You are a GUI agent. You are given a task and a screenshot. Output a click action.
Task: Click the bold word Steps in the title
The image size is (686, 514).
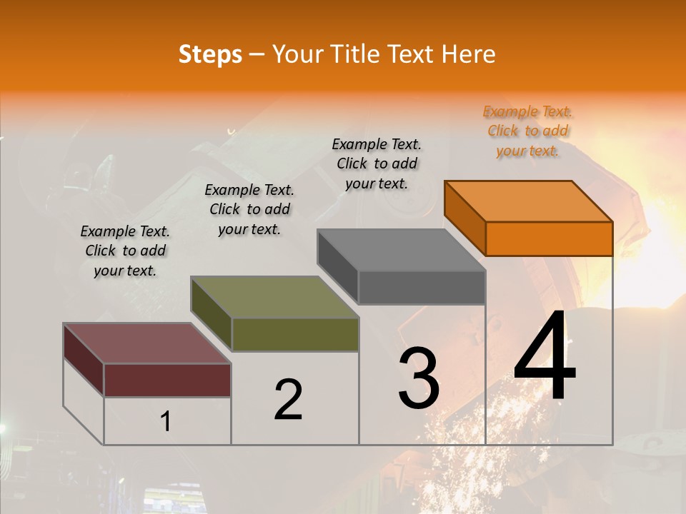click(x=210, y=54)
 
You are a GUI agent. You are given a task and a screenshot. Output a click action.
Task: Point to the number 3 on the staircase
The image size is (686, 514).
click(x=418, y=378)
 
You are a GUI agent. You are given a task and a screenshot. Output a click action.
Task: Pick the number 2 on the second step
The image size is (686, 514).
click(x=288, y=400)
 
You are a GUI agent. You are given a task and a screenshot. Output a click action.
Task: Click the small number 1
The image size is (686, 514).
click(x=165, y=422)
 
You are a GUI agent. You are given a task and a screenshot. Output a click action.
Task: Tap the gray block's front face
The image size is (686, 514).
click(x=422, y=288)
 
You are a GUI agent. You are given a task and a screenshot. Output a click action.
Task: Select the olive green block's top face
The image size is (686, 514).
click(x=274, y=297)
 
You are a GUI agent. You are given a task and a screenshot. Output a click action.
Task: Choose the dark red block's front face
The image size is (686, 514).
click(x=167, y=380)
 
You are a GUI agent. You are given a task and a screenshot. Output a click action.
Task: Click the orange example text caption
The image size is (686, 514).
click(x=527, y=131)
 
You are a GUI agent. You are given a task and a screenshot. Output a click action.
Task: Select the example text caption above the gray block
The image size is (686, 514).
click(x=377, y=163)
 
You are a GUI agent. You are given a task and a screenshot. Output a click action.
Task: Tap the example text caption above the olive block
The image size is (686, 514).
click(x=249, y=209)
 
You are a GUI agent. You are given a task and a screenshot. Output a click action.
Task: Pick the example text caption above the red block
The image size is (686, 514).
click(x=125, y=251)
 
